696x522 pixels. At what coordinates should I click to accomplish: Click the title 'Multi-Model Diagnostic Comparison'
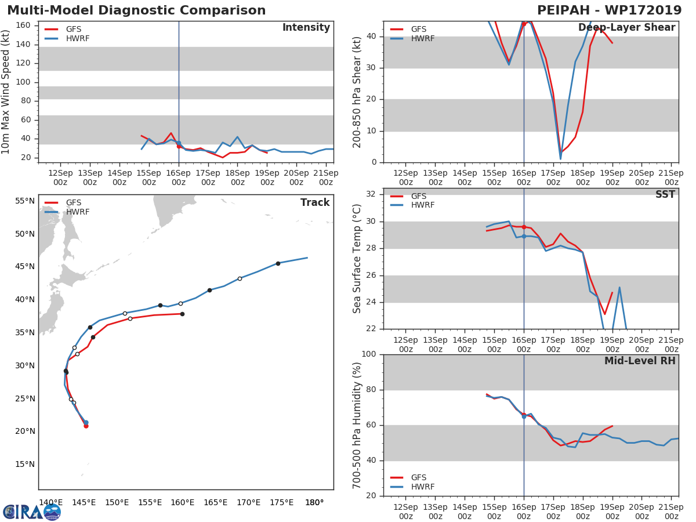(136, 10)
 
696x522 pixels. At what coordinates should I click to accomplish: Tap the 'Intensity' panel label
(306, 28)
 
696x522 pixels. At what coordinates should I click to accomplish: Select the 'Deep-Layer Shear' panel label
(626, 28)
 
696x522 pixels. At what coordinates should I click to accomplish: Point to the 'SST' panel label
(665, 195)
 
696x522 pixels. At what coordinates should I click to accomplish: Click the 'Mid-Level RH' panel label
(640, 361)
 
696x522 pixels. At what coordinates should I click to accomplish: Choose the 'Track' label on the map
(315, 202)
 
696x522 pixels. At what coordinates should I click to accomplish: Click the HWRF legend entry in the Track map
(78, 212)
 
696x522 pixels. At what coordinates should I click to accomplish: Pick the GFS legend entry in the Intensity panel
(73, 30)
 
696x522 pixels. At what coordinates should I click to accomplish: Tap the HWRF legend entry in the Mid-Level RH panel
(422, 487)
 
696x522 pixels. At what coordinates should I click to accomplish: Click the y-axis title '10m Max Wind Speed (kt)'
(6, 92)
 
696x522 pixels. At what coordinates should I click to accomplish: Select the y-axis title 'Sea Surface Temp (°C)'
(357, 259)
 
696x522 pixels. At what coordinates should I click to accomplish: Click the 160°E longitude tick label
(182, 502)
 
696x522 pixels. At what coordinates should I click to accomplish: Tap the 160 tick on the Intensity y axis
(23, 26)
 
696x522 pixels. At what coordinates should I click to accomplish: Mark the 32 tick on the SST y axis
(371, 194)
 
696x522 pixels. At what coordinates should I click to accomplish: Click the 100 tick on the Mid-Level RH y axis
(368, 354)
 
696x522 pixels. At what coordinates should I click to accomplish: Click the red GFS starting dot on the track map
(86, 426)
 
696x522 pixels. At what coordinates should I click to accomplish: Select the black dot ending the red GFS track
(182, 314)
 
